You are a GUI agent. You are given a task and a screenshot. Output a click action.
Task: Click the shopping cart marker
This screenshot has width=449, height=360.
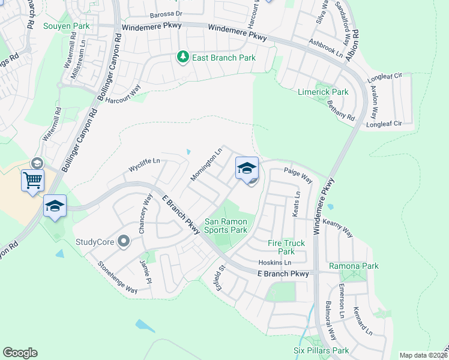click(x=32, y=179)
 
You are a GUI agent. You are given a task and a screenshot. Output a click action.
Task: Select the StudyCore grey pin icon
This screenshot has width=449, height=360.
click(x=124, y=242)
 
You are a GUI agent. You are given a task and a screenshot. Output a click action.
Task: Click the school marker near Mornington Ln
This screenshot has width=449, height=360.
click(x=247, y=168)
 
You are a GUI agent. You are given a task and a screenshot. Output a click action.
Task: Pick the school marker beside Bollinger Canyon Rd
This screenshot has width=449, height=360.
click(x=55, y=205)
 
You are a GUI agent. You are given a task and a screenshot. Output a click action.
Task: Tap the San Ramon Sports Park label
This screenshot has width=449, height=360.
click(x=226, y=226)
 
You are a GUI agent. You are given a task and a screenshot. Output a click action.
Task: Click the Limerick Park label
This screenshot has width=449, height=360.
click(x=323, y=92)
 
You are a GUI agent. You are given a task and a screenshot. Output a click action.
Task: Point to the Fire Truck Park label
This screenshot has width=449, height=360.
click(x=286, y=247)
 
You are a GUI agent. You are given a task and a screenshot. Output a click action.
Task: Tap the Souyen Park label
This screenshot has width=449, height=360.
click(x=66, y=26)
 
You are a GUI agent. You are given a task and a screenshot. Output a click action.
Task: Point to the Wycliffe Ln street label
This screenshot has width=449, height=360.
click(x=144, y=161)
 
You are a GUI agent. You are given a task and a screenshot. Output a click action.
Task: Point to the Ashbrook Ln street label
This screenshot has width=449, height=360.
click(x=325, y=47)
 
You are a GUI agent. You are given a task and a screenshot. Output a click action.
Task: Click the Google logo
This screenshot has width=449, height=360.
click(x=20, y=353)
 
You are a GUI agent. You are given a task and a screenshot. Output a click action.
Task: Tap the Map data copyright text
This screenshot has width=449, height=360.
click(x=423, y=355)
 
